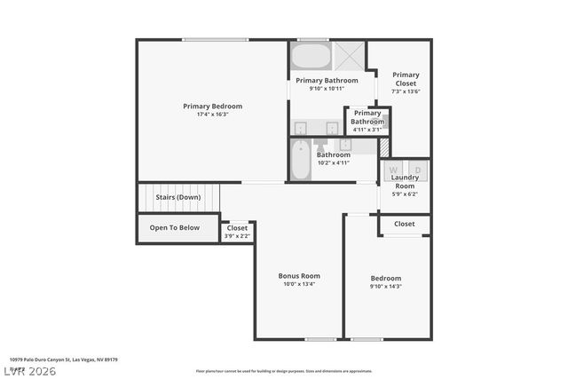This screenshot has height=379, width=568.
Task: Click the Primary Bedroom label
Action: click(212, 107)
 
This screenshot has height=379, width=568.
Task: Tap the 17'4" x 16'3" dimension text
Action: click(212, 114)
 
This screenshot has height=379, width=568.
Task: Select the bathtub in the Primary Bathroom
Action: click(311, 57)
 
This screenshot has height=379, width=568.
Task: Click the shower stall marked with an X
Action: click(350, 56)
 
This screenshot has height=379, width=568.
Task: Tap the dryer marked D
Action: click(415, 168)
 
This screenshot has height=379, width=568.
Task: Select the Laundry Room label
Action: click(405, 182)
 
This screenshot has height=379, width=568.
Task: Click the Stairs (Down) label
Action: click(177, 197)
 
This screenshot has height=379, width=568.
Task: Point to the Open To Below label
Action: click(174, 228)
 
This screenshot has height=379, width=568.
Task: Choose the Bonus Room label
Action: click(298, 276)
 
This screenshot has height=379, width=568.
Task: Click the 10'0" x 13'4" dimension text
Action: click(298, 285)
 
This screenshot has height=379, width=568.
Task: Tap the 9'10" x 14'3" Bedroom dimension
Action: click(386, 287)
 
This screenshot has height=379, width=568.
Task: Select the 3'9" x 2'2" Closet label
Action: click(237, 236)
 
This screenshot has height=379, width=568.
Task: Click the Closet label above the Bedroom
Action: click(405, 225)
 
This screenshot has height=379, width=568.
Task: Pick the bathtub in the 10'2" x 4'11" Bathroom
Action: click(301, 159)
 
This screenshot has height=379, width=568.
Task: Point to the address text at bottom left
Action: click(64, 359)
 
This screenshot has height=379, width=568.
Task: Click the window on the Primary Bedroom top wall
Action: click(216, 39)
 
